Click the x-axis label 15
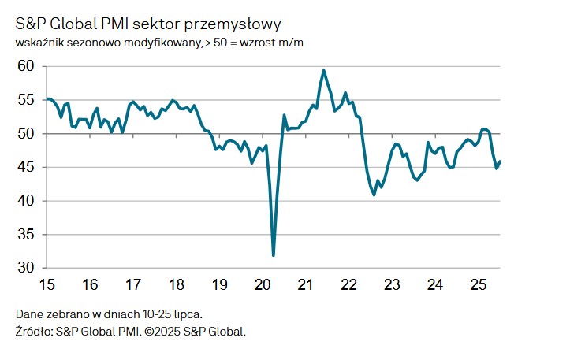(x=47, y=284)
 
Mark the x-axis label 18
(x=177, y=284)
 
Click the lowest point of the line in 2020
(x=274, y=255)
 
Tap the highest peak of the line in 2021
(x=324, y=70)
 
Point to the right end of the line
(x=500, y=161)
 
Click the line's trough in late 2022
(x=374, y=195)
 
